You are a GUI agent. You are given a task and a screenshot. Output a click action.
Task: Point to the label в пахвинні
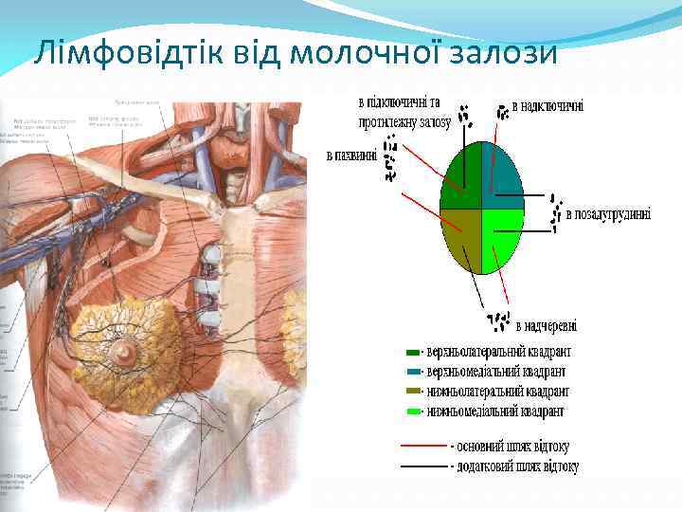(x=350, y=154)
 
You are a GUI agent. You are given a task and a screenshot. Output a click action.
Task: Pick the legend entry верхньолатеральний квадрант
(x=498, y=351)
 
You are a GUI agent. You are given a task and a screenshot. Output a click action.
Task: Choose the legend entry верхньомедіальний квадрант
(x=498, y=371)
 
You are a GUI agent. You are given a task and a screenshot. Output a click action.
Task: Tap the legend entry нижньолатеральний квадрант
(x=498, y=391)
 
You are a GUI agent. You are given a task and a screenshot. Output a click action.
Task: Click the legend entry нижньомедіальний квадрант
(x=496, y=411)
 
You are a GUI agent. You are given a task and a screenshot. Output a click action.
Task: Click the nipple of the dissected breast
(x=124, y=353)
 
